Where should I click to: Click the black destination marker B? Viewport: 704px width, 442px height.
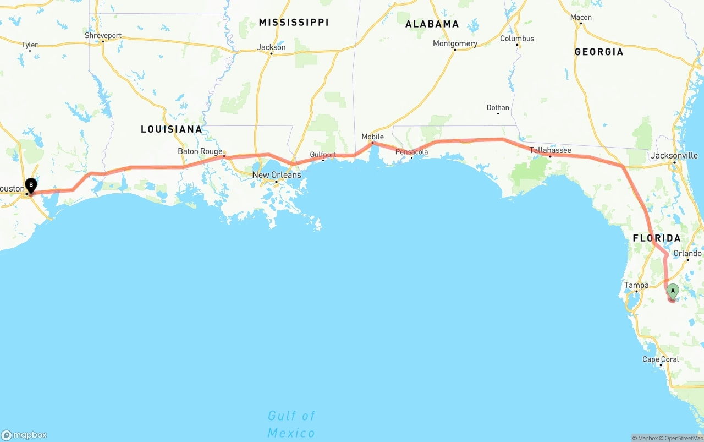tap(31, 185)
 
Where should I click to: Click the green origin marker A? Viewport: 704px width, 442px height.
tap(673, 291)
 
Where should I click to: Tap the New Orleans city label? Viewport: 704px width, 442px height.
tap(277, 175)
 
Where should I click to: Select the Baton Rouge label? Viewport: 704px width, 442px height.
tap(200, 151)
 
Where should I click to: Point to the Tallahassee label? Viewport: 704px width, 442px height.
tap(550, 150)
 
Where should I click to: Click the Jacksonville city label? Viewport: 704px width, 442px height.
tap(674, 155)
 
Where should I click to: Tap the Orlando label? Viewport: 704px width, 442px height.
tap(687, 254)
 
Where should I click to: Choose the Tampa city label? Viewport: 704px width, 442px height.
tap(636, 285)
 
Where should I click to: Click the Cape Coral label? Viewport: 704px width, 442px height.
tap(661, 359)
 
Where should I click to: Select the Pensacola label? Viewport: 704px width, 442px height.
tap(411, 152)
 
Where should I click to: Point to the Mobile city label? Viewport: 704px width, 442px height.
tap(372, 137)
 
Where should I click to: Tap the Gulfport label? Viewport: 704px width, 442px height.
tap(323, 155)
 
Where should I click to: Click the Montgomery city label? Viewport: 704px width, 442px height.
tap(455, 43)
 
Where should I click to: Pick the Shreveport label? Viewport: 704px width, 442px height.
tap(103, 35)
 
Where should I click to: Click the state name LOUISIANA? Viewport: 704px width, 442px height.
tap(172, 129)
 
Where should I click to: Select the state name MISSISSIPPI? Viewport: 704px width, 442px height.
tap(294, 22)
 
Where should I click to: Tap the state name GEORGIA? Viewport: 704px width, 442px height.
tap(599, 52)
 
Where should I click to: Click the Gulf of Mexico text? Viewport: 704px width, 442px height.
tap(291, 424)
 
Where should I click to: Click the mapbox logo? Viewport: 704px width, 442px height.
tap(24, 435)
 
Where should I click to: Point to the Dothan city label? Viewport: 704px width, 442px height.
tap(498, 107)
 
